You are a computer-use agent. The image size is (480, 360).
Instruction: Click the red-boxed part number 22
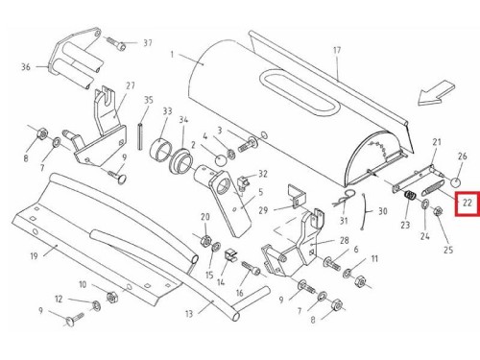[x=468, y=203]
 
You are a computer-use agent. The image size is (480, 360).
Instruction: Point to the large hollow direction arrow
[x=436, y=92]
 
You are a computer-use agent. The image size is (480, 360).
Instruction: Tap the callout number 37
[x=148, y=42]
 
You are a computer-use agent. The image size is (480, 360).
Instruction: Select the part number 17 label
[x=337, y=50]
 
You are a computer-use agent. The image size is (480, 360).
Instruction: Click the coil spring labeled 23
[x=410, y=196]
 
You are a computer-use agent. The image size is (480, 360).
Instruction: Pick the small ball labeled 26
[x=456, y=183]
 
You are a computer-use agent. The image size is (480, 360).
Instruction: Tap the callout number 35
[x=149, y=100]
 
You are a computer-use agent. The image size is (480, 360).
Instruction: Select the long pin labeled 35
[x=140, y=136]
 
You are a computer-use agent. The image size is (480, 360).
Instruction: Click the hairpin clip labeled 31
[x=344, y=199]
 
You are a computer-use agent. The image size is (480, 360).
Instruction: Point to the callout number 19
[x=35, y=256]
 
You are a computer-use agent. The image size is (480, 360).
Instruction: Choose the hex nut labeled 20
[x=205, y=239]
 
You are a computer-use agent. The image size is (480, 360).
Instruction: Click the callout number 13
[x=189, y=314]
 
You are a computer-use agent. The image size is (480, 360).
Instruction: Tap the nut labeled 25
[x=438, y=211]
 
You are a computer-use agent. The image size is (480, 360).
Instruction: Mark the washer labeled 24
[x=425, y=204]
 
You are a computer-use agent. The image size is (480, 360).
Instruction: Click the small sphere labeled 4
[x=220, y=160]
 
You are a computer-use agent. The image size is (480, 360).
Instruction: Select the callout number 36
[x=26, y=67]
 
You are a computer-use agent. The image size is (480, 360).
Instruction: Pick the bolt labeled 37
[x=116, y=43]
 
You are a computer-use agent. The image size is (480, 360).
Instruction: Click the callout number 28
[x=345, y=240]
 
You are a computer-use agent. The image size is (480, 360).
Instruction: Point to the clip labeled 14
[x=230, y=254]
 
